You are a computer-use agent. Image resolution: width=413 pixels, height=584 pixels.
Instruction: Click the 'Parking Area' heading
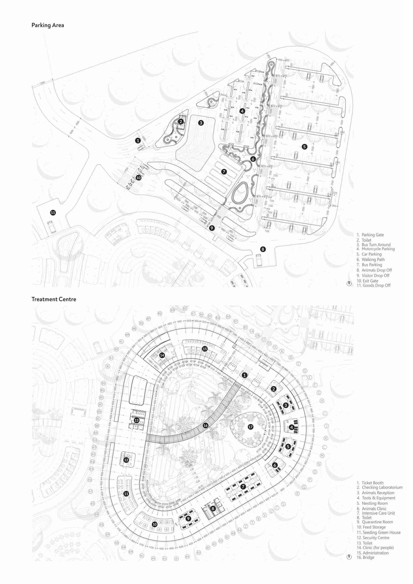click(x=48, y=25)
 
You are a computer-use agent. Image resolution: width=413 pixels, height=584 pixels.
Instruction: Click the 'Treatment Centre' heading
click(x=54, y=299)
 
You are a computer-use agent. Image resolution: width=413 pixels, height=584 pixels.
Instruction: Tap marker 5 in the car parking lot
click(x=304, y=146)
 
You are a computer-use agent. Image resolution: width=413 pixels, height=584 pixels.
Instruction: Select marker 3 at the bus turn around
click(x=201, y=123)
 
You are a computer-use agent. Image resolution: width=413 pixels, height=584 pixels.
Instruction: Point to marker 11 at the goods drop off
click(x=53, y=213)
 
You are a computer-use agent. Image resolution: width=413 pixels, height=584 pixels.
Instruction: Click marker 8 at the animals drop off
click(x=263, y=249)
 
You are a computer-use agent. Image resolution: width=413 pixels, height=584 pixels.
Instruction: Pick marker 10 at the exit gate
click(x=138, y=178)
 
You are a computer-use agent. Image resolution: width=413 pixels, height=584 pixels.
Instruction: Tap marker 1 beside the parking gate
click(x=138, y=140)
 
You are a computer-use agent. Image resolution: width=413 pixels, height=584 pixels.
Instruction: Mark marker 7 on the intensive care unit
click(x=243, y=486)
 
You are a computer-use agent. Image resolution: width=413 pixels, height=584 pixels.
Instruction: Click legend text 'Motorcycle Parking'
click(x=378, y=249)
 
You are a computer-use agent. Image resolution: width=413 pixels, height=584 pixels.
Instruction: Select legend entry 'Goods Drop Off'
click(x=376, y=285)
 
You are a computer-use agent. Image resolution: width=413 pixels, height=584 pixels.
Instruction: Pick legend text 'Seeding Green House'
click(x=381, y=532)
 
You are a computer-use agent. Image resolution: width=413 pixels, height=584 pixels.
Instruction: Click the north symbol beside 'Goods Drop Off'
click(x=349, y=284)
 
